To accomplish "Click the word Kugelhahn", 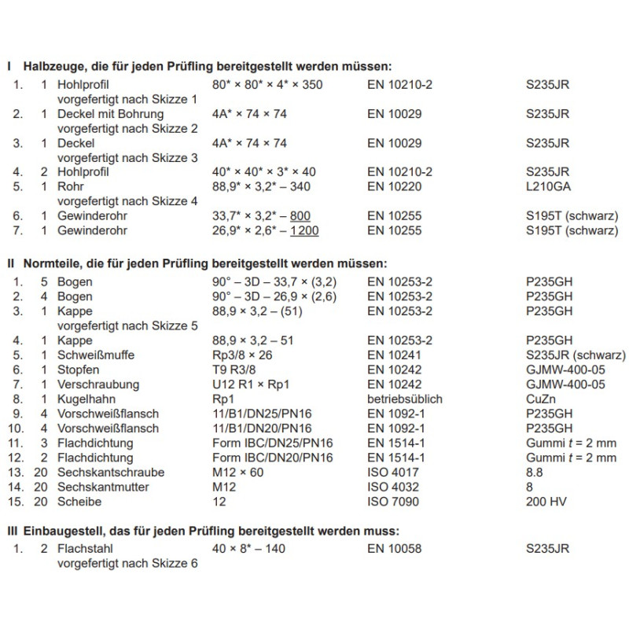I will pos(84,399).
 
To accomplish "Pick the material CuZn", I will pos(540,399).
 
